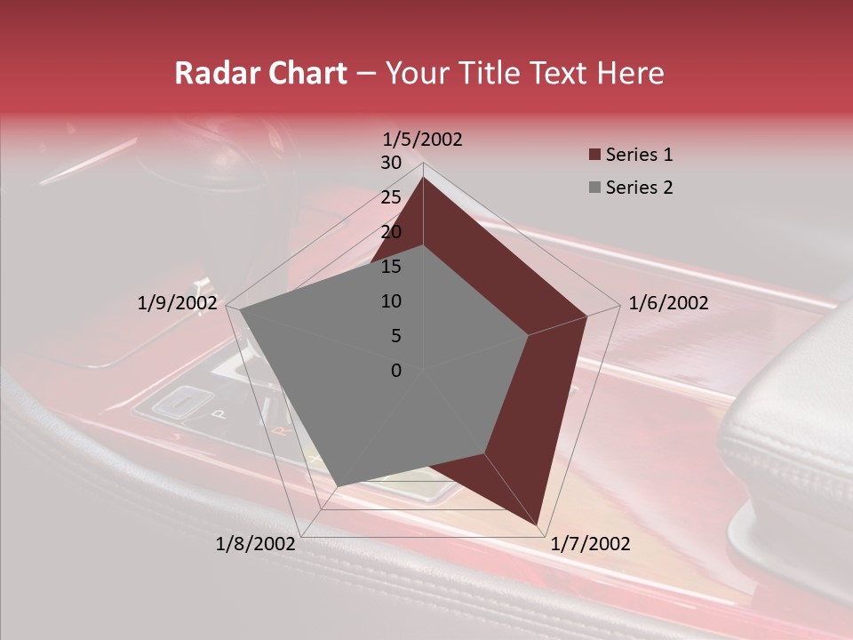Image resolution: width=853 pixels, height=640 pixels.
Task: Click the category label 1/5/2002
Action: tap(422, 140)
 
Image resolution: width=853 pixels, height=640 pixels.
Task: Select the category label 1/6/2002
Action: tap(668, 303)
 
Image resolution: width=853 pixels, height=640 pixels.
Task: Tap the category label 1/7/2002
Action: tap(590, 544)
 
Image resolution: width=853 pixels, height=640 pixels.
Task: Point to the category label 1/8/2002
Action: tap(255, 544)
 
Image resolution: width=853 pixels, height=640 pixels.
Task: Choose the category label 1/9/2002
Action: tap(178, 303)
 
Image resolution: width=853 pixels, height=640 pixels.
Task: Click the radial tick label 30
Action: tap(391, 163)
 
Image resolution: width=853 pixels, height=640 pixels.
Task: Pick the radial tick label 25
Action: tap(391, 197)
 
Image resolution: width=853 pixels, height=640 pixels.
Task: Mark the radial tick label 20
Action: tap(391, 232)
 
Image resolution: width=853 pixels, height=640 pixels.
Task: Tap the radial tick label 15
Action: tap(391, 267)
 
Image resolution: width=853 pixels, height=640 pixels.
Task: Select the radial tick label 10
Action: tap(391, 301)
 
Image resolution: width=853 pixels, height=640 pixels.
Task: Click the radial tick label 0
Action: tap(396, 371)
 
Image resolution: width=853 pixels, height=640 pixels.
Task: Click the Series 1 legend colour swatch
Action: tap(594, 155)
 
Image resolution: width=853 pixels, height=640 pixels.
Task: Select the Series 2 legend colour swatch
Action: tap(594, 188)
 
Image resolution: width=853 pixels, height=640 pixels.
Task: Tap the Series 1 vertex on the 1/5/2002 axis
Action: tap(423, 178)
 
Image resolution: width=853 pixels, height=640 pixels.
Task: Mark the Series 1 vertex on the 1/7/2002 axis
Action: tap(538, 524)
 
